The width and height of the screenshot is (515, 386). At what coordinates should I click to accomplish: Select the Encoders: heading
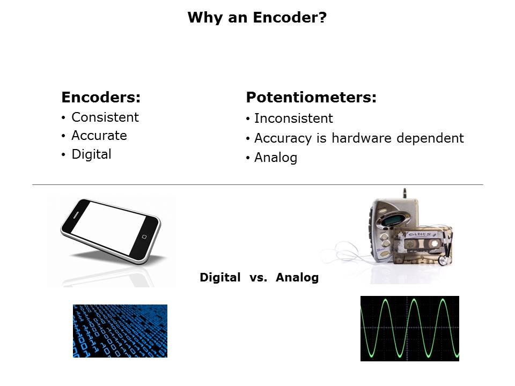101,97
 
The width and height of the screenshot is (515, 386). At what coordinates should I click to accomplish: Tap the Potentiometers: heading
311,97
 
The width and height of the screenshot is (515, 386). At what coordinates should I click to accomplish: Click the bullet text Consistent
105,117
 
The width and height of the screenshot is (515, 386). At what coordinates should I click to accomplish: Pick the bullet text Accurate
99,136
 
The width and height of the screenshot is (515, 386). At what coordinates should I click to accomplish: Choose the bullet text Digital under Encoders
91,154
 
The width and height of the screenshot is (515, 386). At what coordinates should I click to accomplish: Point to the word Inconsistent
293,118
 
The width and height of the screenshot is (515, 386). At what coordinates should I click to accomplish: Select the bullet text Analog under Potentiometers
276,158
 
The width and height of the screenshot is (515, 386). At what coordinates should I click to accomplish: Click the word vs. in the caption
258,278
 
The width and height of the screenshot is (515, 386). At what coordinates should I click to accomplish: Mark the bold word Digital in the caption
220,278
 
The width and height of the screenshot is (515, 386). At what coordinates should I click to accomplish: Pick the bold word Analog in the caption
297,278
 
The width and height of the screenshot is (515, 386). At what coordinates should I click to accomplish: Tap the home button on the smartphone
144,236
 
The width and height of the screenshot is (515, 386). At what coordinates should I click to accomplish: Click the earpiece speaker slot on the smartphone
76,214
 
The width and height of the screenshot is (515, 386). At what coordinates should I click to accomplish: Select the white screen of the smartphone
108,228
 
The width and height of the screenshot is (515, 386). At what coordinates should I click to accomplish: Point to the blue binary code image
120,331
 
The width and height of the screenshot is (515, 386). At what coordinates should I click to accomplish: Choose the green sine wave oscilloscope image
409,329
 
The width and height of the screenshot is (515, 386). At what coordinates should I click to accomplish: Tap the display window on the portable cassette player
392,220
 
